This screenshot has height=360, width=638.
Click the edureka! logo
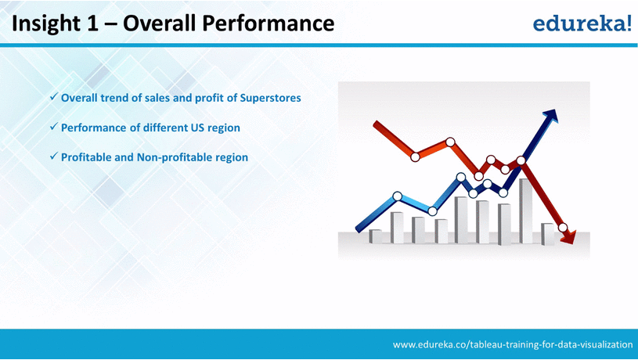point(582,23)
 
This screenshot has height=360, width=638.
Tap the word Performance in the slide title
point(269,23)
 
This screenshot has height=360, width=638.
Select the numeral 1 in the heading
point(92,23)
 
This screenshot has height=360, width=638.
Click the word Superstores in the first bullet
point(271,98)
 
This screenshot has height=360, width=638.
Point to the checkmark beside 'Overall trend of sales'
point(53,97)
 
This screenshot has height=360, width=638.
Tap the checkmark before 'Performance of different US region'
point(53,127)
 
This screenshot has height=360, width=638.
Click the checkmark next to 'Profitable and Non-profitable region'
point(53,157)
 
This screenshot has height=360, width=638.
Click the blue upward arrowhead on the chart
point(551,115)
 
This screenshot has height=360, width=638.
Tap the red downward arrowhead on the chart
point(569,237)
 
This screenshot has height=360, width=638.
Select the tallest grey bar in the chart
point(525,211)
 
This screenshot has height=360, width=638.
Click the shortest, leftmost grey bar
point(375,236)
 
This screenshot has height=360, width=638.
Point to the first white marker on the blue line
point(398,196)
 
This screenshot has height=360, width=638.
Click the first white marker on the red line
point(415,157)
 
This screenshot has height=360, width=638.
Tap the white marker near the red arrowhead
point(563,227)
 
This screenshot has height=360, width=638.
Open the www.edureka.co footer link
point(513,344)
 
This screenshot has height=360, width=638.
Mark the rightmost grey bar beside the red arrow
point(548,234)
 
